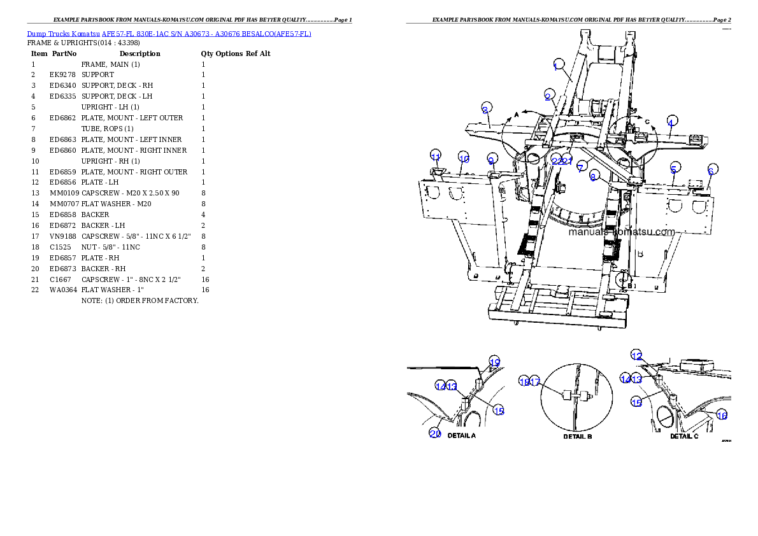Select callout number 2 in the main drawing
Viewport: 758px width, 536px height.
point(548,96)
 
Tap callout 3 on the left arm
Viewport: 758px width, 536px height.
point(486,109)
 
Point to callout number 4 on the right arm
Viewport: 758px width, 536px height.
point(671,120)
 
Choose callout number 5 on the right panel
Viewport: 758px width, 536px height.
point(673,169)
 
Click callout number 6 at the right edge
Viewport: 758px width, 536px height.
point(712,169)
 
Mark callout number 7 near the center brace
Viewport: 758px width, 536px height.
point(580,167)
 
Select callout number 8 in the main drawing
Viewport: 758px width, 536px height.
point(593,178)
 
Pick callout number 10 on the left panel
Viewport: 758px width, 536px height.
point(464,159)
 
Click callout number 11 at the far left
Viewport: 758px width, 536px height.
point(436,156)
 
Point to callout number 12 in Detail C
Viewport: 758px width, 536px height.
point(636,356)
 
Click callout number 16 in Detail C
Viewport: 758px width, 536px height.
point(722,415)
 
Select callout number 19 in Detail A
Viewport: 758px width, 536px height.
point(494,362)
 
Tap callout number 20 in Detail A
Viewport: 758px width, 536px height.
point(435,434)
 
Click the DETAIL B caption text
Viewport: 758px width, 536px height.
point(578,437)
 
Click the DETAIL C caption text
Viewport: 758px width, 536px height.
point(684,437)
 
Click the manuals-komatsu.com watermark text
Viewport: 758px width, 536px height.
point(620,232)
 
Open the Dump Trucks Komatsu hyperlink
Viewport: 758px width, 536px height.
point(169,34)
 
